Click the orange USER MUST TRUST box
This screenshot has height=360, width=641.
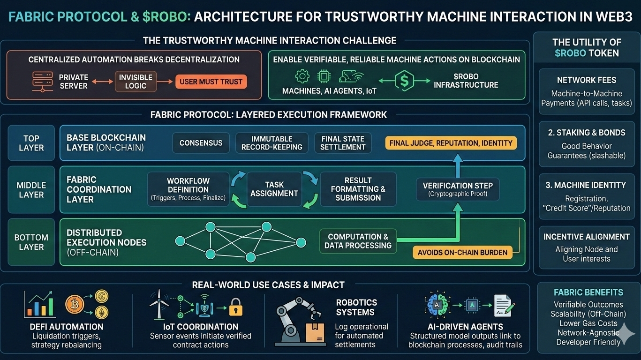[211, 82]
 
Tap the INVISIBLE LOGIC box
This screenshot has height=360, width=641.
[136, 82]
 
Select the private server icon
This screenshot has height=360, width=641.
[42, 82]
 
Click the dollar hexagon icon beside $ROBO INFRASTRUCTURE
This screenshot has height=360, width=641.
[404, 81]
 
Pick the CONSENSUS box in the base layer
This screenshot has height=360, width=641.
[201, 142]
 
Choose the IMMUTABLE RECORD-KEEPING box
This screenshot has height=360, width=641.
[272, 142]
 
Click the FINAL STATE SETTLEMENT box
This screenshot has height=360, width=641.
[343, 142]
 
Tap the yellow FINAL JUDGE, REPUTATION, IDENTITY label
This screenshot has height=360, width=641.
[451, 142]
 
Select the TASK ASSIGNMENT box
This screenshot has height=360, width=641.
[274, 189]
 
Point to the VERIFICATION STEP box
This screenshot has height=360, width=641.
[458, 189]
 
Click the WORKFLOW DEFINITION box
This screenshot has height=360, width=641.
[188, 189]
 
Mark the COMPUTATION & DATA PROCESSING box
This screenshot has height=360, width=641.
[358, 241]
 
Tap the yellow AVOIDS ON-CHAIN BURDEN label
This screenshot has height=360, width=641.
[462, 252]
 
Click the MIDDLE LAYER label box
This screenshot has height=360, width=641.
[31, 189]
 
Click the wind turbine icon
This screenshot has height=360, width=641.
[159, 304]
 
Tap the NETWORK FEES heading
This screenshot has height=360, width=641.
[587, 80]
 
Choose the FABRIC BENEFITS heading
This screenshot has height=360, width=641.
[588, 292]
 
